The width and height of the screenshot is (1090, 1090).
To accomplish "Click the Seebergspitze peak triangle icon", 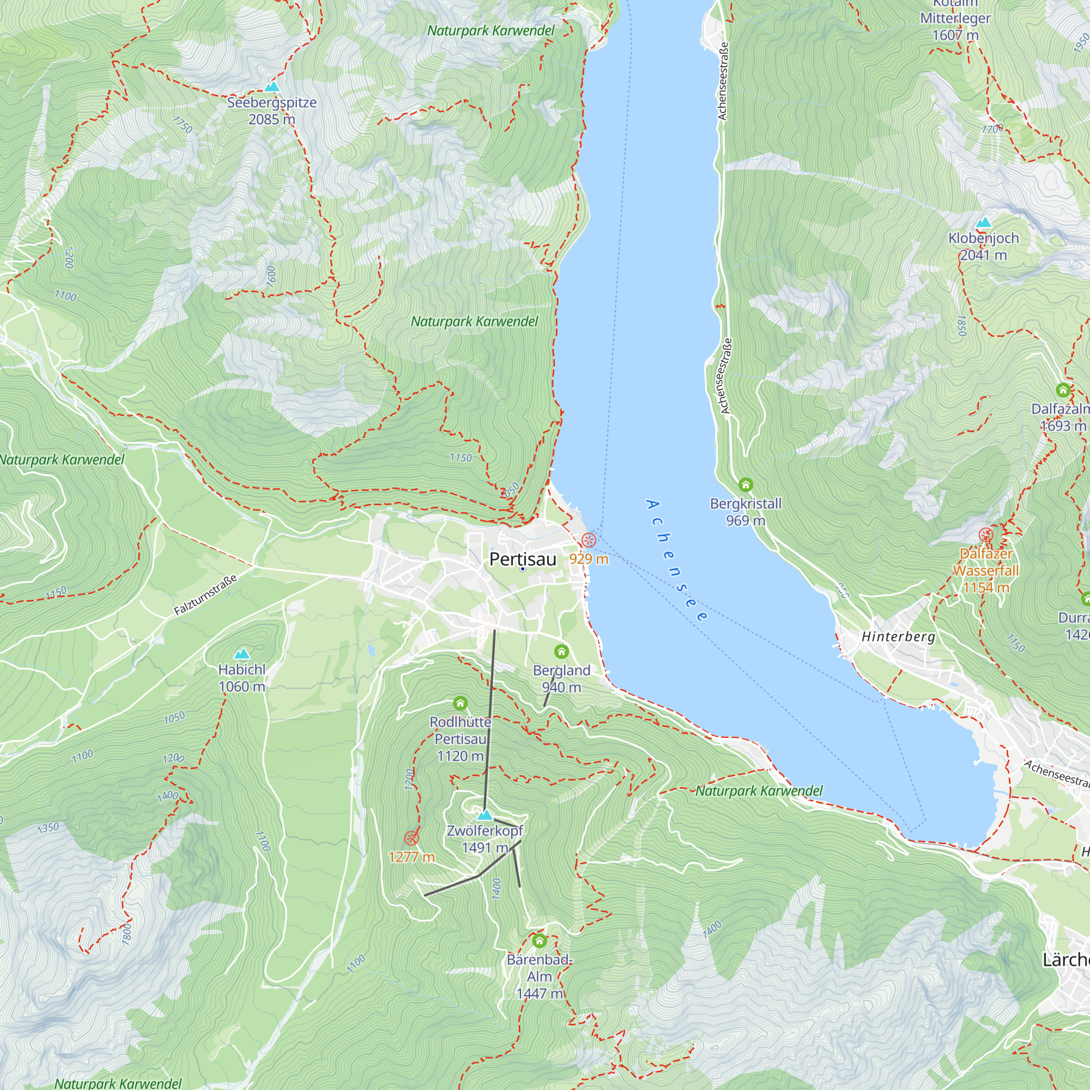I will point(272,87).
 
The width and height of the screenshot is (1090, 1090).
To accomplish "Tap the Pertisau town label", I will point(523,559).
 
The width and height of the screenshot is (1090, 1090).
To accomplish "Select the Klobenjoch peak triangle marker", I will point(983,222).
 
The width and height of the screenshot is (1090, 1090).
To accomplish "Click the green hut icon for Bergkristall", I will point(745,485).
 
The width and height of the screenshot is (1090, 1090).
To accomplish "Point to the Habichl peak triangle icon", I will point(242,653).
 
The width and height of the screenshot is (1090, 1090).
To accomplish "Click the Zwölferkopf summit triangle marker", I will point(485,815).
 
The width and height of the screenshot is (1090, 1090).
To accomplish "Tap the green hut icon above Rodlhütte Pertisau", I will point(461,703).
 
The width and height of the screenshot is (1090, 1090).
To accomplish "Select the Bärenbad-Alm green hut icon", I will point(540,941).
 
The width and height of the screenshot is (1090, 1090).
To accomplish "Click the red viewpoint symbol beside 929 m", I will point(589,540).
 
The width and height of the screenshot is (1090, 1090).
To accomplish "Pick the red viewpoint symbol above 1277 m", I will point(411,838).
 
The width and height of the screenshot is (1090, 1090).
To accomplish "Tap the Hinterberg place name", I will point(898,637).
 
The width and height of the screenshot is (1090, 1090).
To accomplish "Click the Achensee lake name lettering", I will point(676,560).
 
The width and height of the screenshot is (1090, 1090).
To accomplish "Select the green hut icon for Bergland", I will point(561,652).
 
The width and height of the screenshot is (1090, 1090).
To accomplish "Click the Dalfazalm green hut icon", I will point(1063,390).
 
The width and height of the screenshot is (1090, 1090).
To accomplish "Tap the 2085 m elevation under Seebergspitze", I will point(271,119).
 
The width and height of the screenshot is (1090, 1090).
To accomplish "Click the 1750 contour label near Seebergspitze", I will point(182,124).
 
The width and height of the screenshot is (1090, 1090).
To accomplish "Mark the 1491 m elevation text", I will point(485,848).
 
